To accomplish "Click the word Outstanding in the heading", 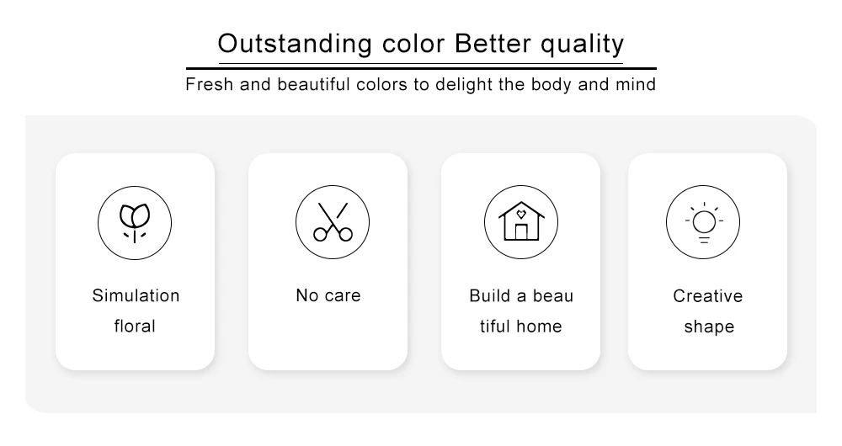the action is [294, 44].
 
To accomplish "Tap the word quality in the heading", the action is [582, 45].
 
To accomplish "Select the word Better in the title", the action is [493, 44].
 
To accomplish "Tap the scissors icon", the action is [333, 221].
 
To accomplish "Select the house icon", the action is [521, 221].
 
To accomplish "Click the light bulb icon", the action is [703, 223].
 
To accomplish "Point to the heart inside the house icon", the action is [521, 214].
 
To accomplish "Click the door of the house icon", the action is [521, 232].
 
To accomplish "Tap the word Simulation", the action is [136, 295].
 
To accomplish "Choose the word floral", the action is [135, 326].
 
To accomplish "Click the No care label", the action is [328, 295].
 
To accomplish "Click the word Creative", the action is [708, 295].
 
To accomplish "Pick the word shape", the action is [709, 327].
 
